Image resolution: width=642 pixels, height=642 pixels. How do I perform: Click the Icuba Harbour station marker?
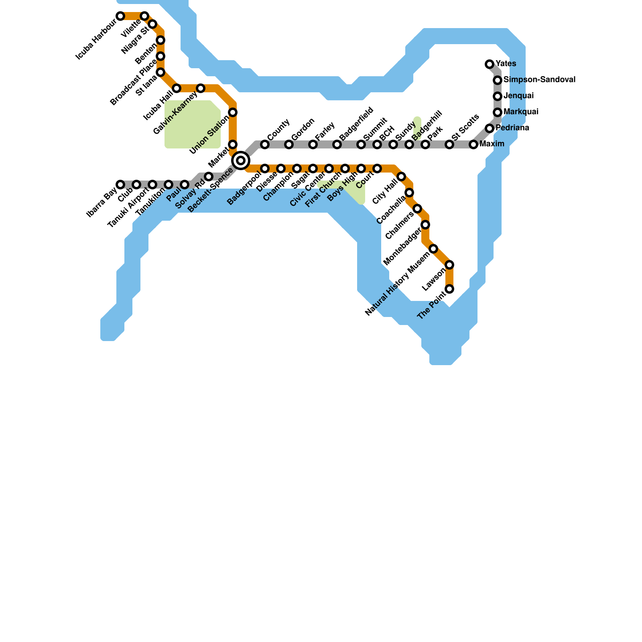[120, 16]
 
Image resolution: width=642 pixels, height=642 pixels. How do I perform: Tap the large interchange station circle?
[241, 160]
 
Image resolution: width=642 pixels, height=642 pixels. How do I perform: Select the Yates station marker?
[490, 64]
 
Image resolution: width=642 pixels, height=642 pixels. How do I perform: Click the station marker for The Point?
[449, 289]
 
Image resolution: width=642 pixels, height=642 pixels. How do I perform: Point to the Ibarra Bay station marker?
[120, 185]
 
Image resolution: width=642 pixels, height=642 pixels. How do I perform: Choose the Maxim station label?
[492, 144]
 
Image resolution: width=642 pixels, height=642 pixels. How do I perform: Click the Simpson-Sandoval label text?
[539, 80]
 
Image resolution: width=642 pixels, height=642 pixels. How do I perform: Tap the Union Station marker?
[233, 112]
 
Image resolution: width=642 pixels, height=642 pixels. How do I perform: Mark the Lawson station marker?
[449, 265]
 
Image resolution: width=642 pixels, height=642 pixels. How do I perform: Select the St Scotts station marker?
[449, 144]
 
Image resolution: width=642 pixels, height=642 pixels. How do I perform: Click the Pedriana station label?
[512, 128]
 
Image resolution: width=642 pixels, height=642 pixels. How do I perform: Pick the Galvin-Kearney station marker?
[201, 88]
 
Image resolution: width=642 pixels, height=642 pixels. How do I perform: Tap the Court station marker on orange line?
[377, 169]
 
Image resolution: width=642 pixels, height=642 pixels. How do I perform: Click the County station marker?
[265, 144]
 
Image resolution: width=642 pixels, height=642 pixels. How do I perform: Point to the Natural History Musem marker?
[433, 249]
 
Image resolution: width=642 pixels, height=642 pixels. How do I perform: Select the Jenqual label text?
[518, 96]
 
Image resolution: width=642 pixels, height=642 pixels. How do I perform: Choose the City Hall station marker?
[401, 177]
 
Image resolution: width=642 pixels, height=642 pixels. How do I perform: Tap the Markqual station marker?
[498, 112]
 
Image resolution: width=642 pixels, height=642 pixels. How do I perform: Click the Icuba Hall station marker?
[177, 88]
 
